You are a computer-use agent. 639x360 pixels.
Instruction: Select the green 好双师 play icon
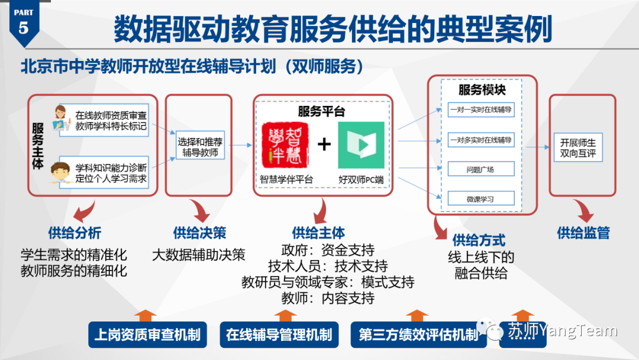pos(361,145)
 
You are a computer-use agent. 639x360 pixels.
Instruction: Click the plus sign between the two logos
pos(324,144)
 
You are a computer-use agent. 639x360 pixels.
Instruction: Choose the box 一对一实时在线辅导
pos(480,110)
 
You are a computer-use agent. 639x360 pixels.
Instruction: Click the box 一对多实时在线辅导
pos(480,140)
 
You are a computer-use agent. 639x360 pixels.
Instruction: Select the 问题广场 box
pos(480,169)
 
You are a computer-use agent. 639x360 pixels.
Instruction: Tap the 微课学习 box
pos(480,199)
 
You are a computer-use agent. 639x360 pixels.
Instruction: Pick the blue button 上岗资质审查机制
pos(147,335)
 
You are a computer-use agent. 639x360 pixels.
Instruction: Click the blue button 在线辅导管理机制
pos(279,335)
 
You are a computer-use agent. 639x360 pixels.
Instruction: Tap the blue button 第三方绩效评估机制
pos(418,335)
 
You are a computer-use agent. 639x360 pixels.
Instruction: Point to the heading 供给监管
pos(583,233)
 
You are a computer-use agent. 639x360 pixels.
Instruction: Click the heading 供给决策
pos(199,233)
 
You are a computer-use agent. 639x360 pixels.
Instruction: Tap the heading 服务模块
pos(482,90)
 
